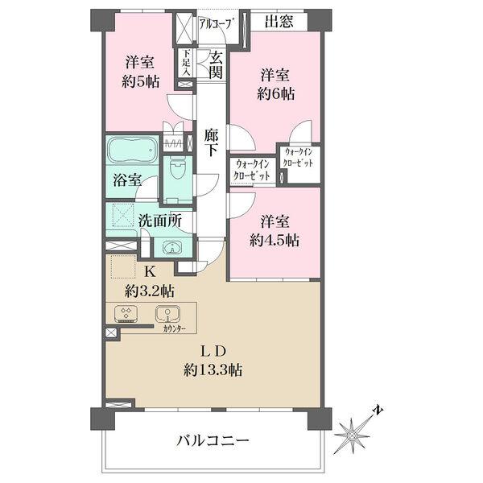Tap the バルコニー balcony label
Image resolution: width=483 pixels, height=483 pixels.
click(213, 441)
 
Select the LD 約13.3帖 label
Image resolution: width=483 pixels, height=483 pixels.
click(213, 361)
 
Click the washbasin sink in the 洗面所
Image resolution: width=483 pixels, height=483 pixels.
click(171, 248)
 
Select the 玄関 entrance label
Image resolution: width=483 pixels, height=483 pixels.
click(215, 64)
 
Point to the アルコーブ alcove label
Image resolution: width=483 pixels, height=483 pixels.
click(215, 24)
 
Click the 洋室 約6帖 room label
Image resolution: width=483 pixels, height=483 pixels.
click(277, 84)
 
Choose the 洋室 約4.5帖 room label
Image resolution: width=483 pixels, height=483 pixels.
click(277, 230)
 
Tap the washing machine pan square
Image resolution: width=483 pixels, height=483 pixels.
click(122, 216)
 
